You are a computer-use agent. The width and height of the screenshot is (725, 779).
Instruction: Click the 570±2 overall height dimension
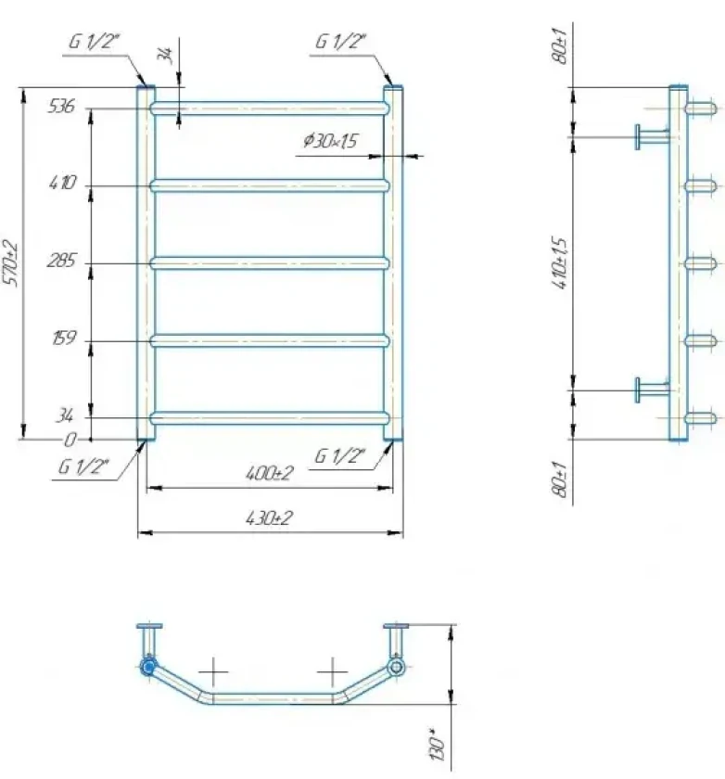(11, 262)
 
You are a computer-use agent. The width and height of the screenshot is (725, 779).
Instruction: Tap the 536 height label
(61, 106)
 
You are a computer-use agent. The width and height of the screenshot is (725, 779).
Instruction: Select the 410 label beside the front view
(63, 183)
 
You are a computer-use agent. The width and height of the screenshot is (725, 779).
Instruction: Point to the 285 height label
(61, 261)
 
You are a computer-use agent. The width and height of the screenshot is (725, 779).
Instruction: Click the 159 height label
(64, 338)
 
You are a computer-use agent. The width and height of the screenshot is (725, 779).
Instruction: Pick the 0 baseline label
(70, 440)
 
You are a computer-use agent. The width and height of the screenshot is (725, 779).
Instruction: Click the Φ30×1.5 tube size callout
(330, 141)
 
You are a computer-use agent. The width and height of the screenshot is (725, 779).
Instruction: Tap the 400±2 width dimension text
(270, 473)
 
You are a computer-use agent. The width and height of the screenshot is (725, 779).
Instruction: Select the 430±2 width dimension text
(270, 518)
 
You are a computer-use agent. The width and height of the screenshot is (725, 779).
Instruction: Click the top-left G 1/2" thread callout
(95, 41)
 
